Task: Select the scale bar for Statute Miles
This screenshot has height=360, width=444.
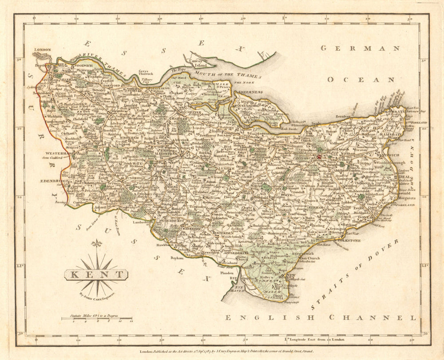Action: click(x=97, y=319)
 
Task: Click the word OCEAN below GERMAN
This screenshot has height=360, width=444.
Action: click(x=361, y=79)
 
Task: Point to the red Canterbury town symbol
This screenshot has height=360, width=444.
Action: click(x=319, y=156)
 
